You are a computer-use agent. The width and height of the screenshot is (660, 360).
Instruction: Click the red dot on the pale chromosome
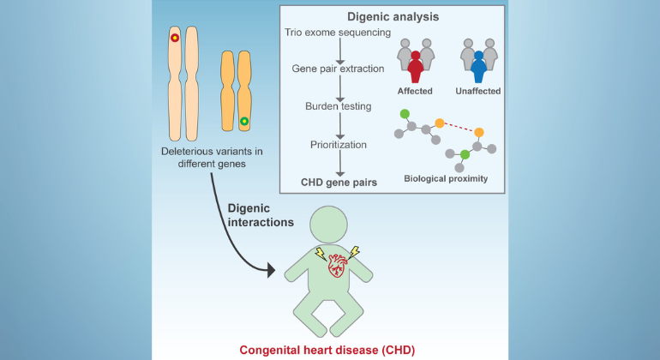pyautogui.click(x=174, y=38)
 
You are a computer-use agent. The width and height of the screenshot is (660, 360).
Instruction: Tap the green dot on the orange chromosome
pyautogui.click(x=244, y=122)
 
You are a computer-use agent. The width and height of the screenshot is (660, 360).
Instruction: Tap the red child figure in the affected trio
pyautogui.click(x=417, y=66)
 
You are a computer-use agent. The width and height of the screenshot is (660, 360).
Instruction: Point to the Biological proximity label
pyautogui.click(x=447, y=180)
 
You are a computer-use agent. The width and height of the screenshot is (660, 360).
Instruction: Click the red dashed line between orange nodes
pyautogui.click(x=459, y=128)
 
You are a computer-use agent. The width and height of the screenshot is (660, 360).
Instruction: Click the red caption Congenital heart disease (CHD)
pyautogui.click(x=330, y=349)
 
